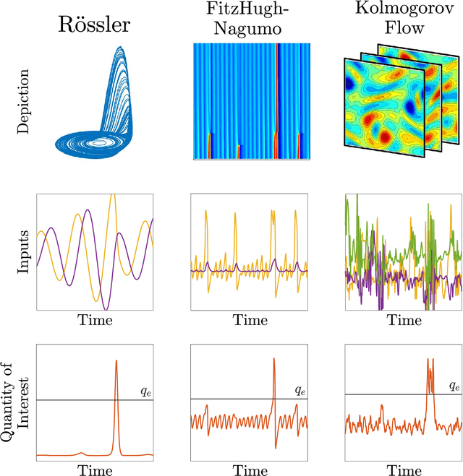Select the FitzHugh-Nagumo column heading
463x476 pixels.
250,20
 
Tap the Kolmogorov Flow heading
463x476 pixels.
403,20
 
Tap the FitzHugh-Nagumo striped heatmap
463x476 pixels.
250,101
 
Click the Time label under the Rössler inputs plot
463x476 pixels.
94,319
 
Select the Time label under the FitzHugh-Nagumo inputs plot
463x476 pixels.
250,319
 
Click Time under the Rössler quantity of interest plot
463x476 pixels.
94,469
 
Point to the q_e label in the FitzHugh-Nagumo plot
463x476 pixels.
300,390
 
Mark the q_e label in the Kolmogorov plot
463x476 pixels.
454,386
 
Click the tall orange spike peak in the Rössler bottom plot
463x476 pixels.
116,361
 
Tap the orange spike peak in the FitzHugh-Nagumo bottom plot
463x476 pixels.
274,359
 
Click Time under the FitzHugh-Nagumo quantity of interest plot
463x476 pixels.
250,469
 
